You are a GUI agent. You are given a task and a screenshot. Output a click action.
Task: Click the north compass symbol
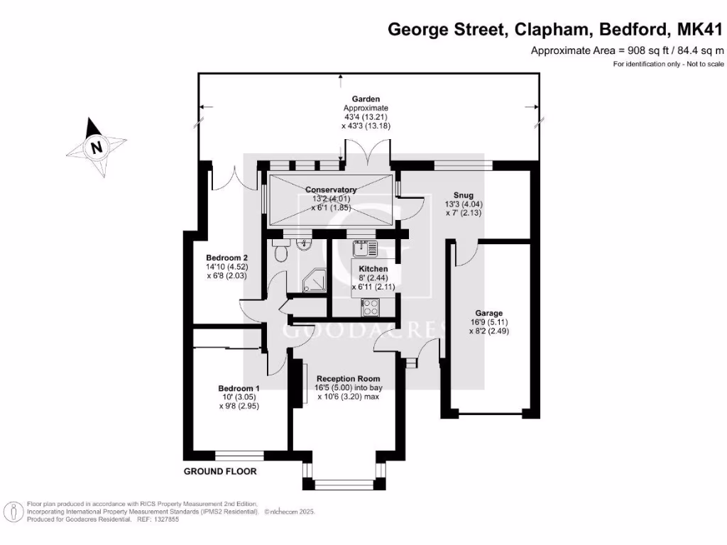tap(96, 147)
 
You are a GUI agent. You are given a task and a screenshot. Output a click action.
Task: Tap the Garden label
tap(366, 99)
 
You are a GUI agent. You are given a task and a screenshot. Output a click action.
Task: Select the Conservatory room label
tap(330, 189)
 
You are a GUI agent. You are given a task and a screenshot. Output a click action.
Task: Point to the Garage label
tap(488, 313)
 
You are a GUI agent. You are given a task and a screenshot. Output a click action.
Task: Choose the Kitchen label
tap(373, 269)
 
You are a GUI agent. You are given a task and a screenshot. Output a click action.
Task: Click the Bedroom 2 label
tap(226, 258)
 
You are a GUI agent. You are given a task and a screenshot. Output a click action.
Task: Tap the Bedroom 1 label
tap(239, 388)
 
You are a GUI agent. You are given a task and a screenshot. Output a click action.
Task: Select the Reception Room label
tap(348, 378)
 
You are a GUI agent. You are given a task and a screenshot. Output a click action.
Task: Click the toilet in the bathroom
tap(279, 252)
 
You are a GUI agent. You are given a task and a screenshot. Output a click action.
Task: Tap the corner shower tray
tap(313, 283)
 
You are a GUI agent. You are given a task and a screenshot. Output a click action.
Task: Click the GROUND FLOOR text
tap(220, 471)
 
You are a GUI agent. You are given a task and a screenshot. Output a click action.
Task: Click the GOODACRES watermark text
tap(363, 331)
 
